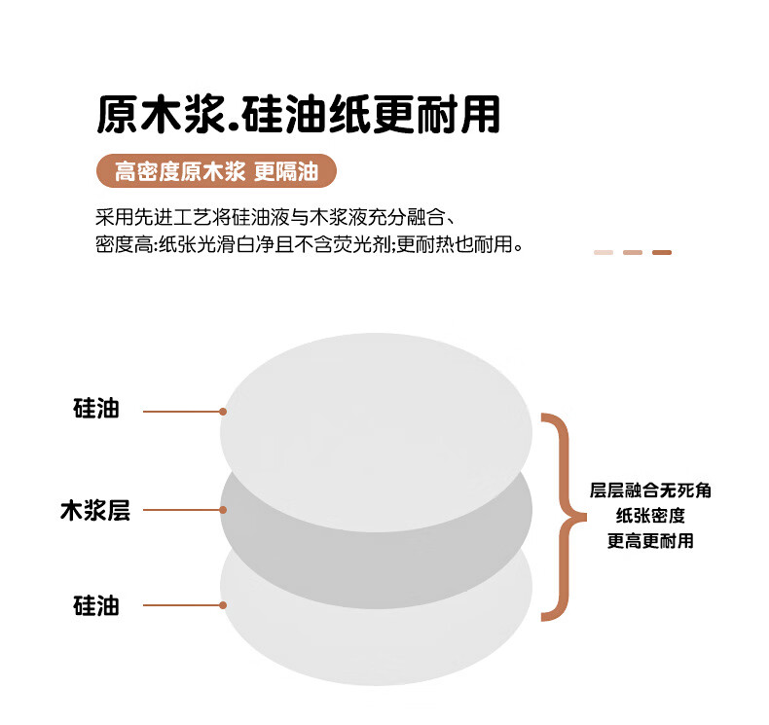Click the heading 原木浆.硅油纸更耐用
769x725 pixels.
click(298, 115)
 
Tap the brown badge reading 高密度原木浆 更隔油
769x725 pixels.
click(216, 172)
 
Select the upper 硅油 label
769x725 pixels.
click(96, 409)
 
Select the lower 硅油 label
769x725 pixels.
click(96, 604)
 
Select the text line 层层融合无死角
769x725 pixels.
click(651, 490)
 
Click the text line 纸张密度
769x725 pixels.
click(651, 516)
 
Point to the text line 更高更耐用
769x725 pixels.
click(651, 541)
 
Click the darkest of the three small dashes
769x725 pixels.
click(662, 253)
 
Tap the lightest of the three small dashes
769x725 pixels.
click(604, 253)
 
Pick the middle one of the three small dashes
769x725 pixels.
click(633, 253)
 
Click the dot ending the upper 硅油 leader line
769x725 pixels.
click(223, 412)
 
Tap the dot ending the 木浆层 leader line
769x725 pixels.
click(223, 509)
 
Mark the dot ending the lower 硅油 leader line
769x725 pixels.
click(223, 604)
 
